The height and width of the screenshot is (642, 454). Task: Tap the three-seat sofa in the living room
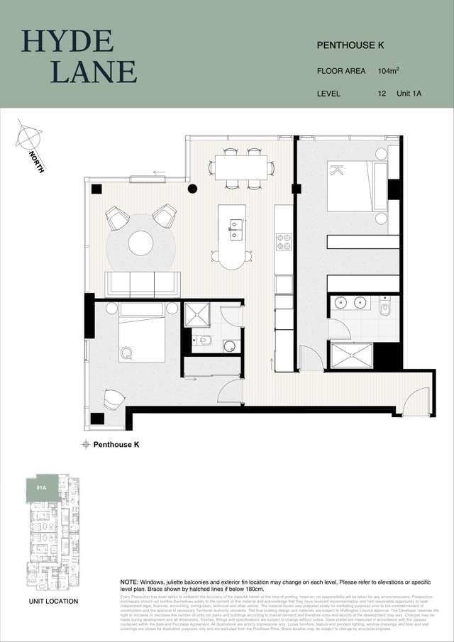(142, 284)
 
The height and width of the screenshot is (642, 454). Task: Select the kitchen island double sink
(235, 228)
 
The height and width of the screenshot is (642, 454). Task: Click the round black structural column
(192, 189)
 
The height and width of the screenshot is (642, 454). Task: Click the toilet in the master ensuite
(386, 309)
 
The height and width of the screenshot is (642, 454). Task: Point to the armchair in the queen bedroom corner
(113, 400)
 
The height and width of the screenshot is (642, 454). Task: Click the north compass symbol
(28, 136)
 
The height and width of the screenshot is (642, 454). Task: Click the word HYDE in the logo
(67, 41)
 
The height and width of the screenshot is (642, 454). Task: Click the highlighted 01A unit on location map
(41, 487)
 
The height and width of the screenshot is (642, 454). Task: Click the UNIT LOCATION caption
(53, 601)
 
